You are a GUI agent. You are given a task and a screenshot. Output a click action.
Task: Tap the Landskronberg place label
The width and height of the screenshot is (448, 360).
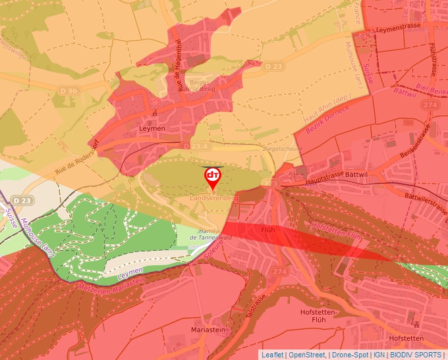coord(213,198)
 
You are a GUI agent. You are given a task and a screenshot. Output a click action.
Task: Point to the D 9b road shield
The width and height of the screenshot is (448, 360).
coord(68,90)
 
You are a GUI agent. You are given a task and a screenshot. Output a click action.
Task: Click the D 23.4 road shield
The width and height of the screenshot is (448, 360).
coord(196,145)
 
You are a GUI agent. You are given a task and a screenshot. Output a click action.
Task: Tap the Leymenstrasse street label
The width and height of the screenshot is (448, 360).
coord(398,27)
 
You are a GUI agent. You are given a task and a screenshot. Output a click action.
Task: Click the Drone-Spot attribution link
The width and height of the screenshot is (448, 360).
coord(350,355)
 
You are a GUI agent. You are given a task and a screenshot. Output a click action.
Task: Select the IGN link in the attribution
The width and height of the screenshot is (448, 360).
coord(379,355)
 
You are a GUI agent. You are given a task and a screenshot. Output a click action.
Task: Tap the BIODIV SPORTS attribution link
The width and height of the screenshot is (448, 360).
coord(416,355)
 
